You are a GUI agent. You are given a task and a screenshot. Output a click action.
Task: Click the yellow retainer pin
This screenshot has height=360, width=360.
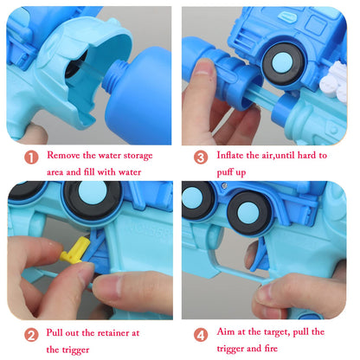74,250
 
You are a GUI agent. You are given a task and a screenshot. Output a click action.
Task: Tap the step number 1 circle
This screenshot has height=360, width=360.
31,157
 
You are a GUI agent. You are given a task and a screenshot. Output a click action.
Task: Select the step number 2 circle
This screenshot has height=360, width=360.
31,335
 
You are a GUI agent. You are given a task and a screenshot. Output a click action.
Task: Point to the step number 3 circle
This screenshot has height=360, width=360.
201,157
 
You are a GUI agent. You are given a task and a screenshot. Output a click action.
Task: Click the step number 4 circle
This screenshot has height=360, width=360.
201,335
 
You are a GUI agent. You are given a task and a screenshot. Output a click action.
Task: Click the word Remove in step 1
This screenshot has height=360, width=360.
63,155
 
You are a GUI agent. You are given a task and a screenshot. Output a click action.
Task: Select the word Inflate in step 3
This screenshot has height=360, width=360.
230,155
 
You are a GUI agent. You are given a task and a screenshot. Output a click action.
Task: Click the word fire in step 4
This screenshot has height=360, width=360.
271,349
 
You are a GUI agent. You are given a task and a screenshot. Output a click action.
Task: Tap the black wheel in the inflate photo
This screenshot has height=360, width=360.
284,64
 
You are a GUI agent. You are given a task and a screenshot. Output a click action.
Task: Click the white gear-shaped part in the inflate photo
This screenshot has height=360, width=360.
334,81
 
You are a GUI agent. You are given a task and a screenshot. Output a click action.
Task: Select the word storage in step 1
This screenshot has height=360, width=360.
138,156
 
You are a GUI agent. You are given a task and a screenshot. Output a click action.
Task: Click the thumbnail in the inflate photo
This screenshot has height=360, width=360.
203,67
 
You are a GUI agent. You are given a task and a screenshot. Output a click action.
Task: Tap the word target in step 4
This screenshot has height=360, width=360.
274,332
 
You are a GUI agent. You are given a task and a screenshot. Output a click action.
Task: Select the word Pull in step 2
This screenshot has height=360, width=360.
55,332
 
